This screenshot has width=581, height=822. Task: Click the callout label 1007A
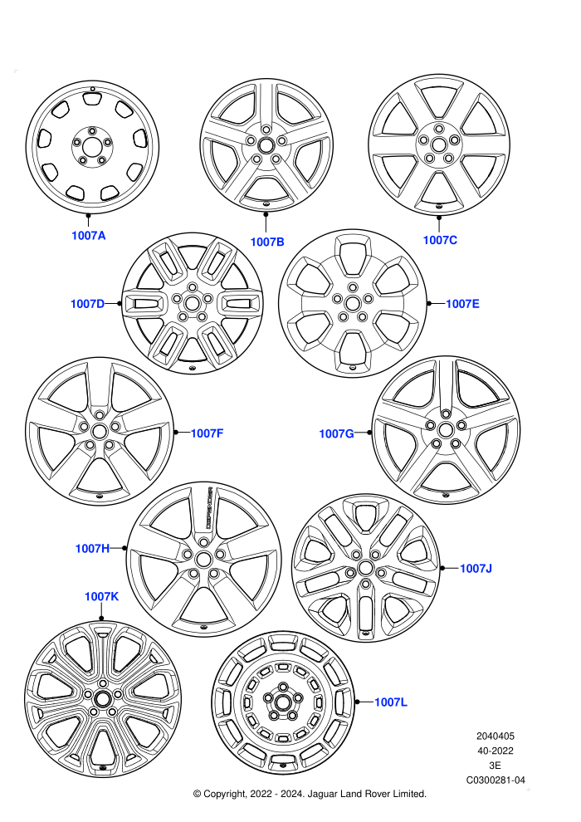(x=89, y=235)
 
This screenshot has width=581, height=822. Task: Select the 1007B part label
(x=267, y=242)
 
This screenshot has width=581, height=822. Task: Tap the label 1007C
(x=440, y=240)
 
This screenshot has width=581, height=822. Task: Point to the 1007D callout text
(x=88, y=304)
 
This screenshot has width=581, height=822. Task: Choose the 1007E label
(x=462, y=304)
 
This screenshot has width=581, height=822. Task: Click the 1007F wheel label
(x=207, y=433)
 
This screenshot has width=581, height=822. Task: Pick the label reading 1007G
(x=337, y=433)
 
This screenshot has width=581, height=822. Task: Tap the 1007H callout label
(x=92, y=548)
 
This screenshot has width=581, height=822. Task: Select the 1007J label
(x=476, y=568)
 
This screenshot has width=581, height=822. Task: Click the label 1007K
(x=101, y=597)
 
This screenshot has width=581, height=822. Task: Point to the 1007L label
(x=391, y=702)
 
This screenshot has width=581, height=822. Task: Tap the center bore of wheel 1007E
(x=352, y=303)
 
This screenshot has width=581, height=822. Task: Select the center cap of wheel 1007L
(x=283, y=702)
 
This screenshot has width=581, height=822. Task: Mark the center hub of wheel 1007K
(x=103, y=699)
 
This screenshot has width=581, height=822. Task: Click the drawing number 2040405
(x=496, y=736)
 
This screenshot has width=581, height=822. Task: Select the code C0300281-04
(x=496, y=780)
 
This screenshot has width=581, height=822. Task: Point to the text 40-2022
(x=496, y=751)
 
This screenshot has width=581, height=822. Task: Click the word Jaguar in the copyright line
(x=323, y=795)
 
